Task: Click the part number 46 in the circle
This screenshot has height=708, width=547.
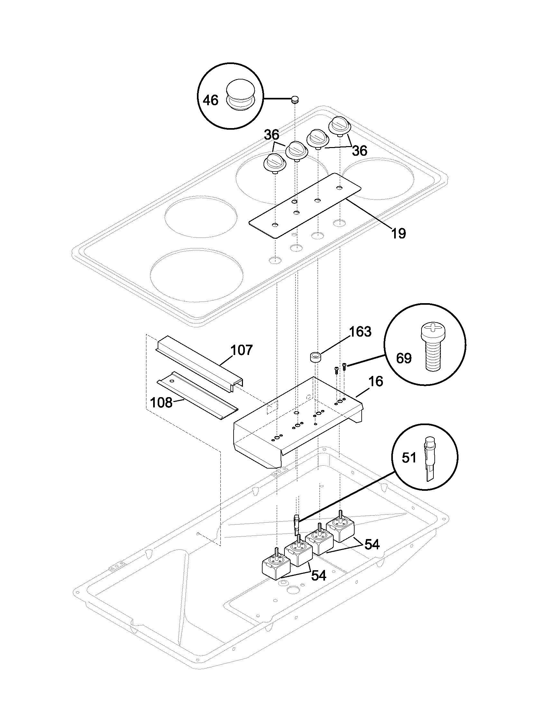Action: [x=210, y=100]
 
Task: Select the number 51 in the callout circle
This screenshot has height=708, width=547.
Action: [x=409, y=458]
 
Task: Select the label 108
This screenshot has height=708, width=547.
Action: [x=162, y=403]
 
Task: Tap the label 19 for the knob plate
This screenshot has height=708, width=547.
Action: [x=398, y=233]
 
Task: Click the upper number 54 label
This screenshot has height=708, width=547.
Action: [x=372, y=545]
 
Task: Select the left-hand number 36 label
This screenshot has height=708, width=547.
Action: [x=271, y=135]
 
